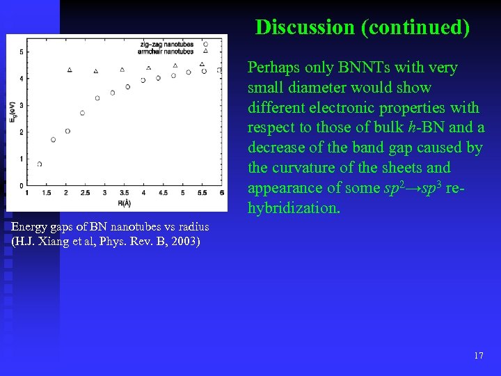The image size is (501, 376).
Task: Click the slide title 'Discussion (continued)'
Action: (x=363, y=27)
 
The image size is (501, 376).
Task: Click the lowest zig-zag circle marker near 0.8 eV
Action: (x=40, y=164)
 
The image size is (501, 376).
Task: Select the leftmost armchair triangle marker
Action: (x=70, y=70)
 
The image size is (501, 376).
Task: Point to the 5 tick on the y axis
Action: (x=22, y=52)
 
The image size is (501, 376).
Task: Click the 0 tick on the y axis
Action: (x=22, y=186)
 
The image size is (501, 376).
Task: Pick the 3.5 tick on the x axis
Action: (x=125, y=193)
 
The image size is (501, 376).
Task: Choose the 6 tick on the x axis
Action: (x=221, y=193)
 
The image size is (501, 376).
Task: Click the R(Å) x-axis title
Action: (x=124, y=203)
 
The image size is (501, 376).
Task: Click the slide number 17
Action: (x=478, y=356)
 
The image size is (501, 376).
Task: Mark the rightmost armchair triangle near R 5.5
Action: (x=202, y=65)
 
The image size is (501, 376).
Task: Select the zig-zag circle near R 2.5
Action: (x=82, y=113)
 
